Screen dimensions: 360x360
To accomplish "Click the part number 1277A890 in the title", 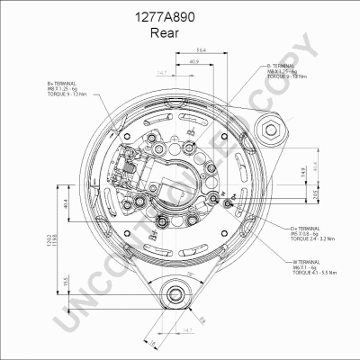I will point(180,17).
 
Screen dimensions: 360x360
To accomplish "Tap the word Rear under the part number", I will point(180,33).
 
